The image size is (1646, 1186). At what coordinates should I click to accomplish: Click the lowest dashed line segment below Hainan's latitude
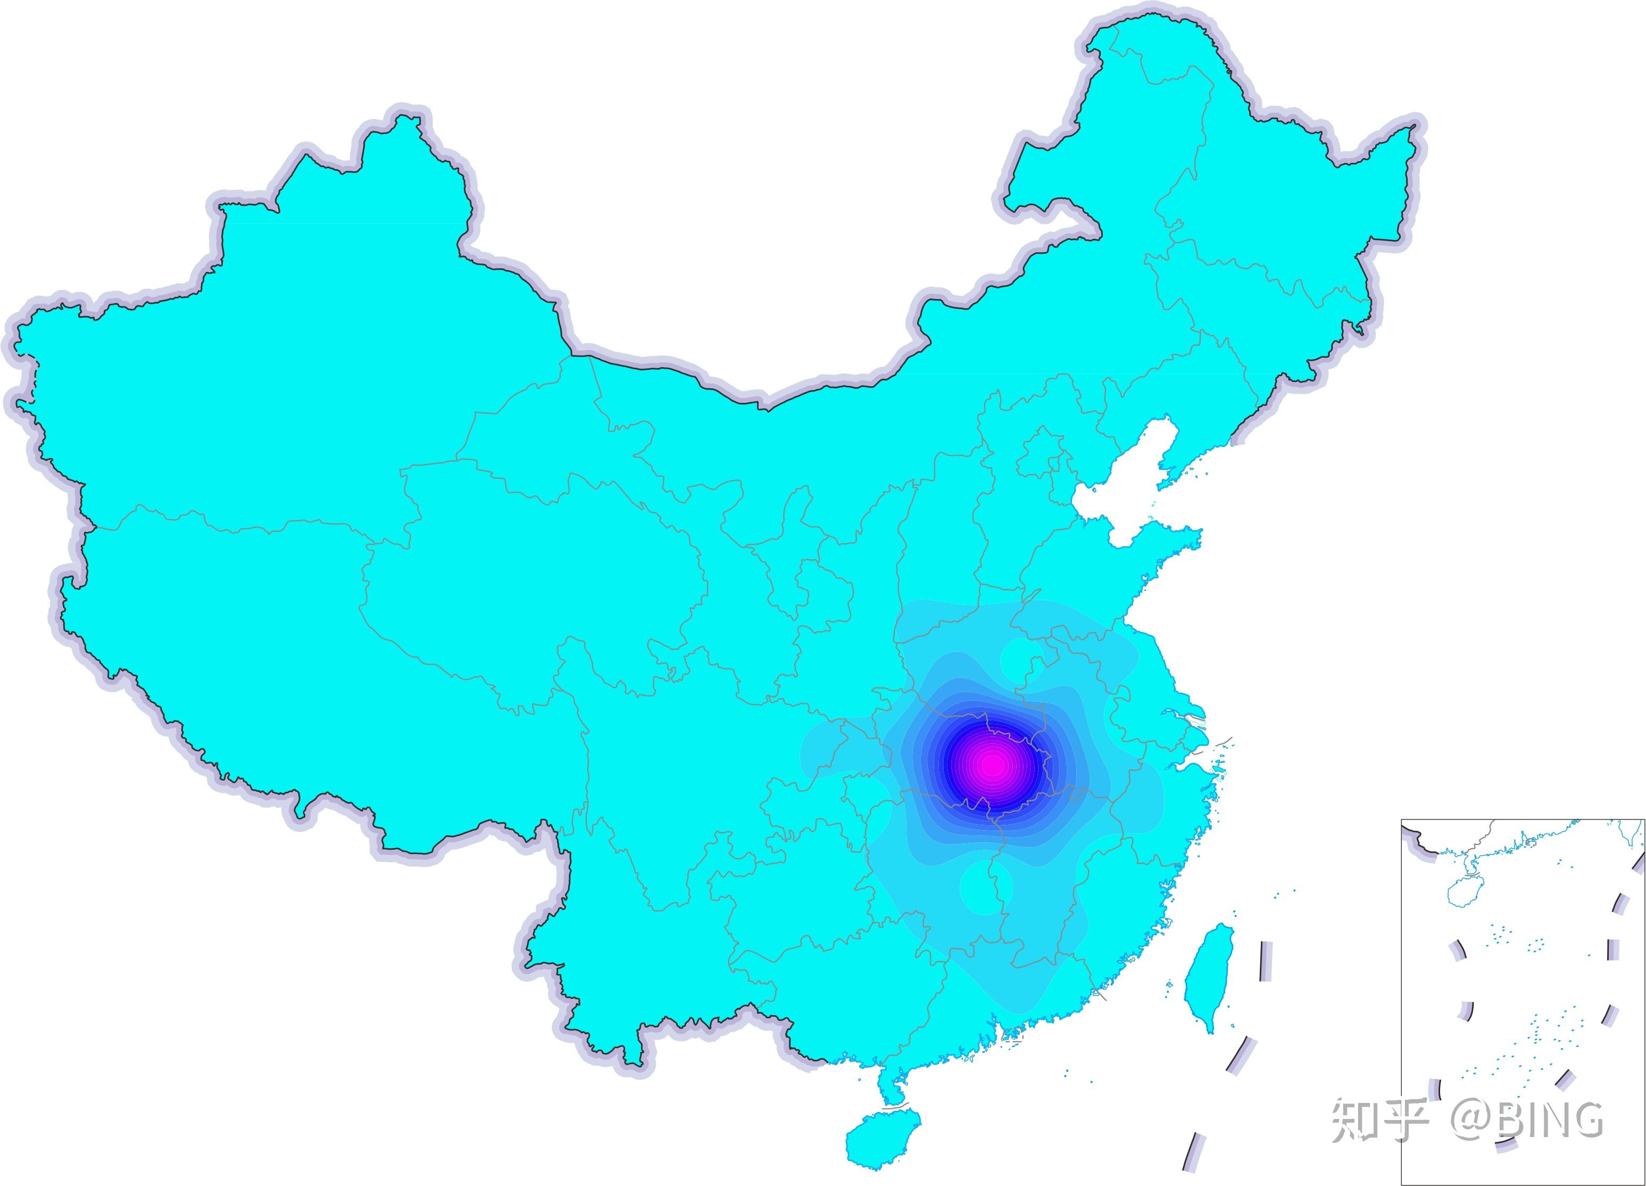point(1192,1168)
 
